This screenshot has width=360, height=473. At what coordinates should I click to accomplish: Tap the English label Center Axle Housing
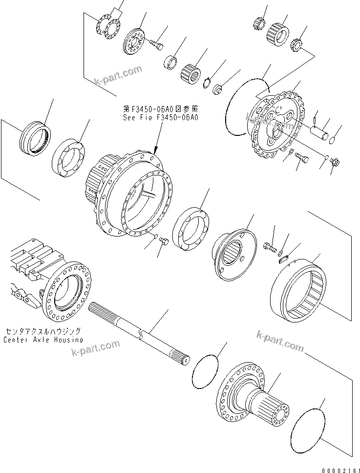click(43, 340)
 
